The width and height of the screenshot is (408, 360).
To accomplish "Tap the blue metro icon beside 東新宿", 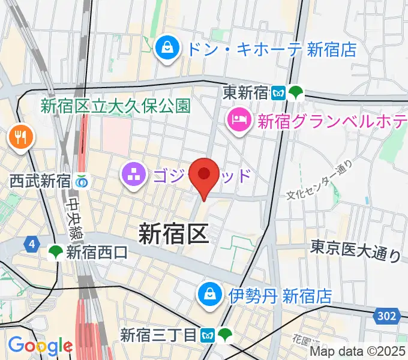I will [x=278, y=93].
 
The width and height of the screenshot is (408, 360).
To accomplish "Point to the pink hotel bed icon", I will [x=238, y=121].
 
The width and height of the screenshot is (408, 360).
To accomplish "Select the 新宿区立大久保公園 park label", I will [x=115, y=106].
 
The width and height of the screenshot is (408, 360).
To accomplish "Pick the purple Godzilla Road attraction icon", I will [x=133, y=176].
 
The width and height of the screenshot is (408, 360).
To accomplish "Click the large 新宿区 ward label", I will [x=174, y=233].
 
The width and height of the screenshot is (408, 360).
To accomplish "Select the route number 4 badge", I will [x=30, y=244].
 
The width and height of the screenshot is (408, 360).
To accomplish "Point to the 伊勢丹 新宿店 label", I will [x=280, y=295].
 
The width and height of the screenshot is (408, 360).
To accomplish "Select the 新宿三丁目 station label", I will [x=158, y=334].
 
